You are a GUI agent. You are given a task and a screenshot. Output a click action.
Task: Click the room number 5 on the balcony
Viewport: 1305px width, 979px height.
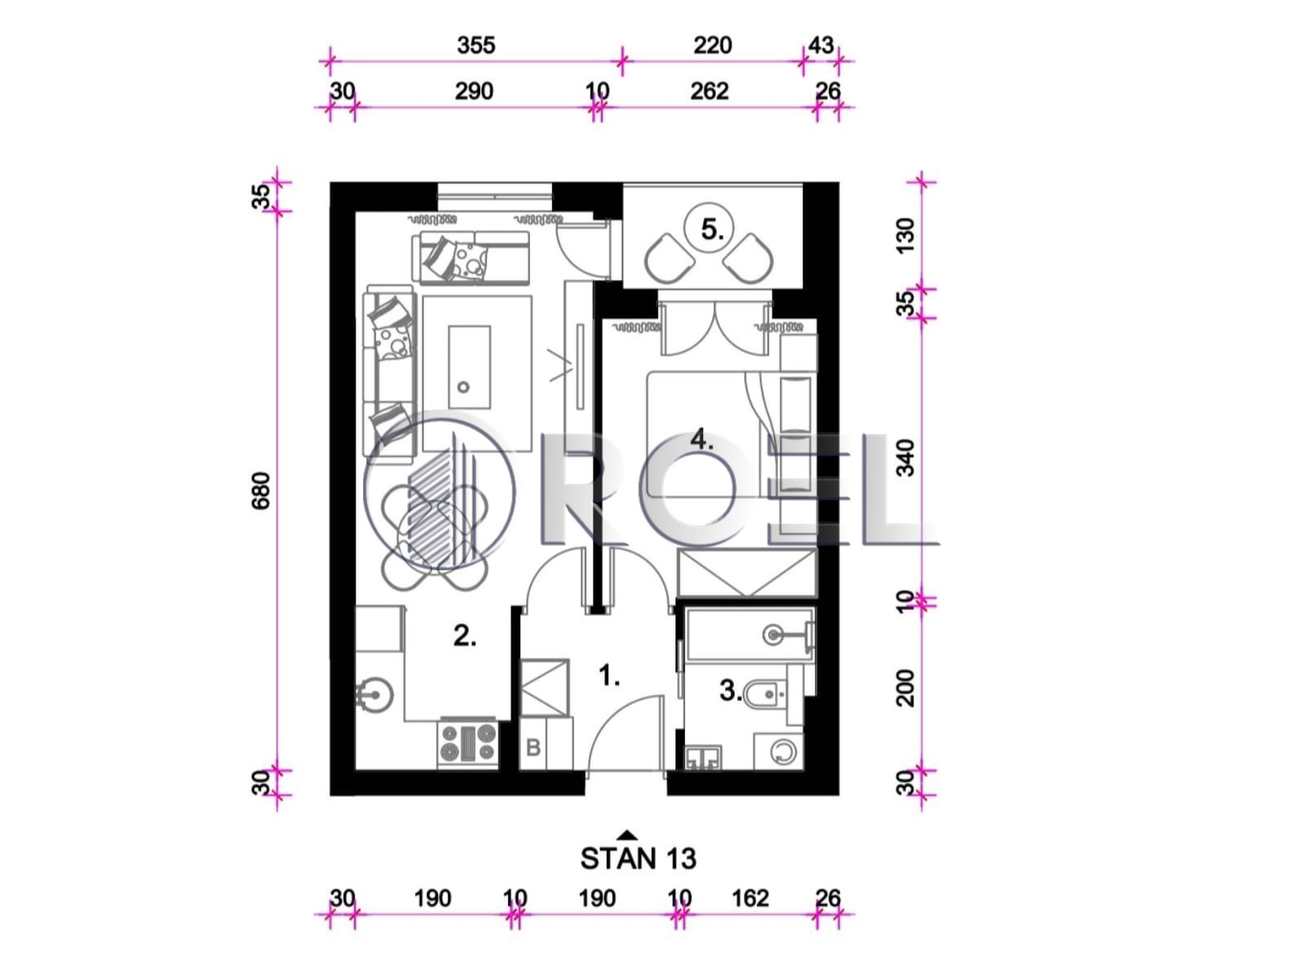[x=711, y=229]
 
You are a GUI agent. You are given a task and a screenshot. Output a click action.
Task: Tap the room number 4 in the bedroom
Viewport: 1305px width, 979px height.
[x=701, y=440]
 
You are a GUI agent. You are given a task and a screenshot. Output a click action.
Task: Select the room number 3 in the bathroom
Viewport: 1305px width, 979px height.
[x=730, y=691]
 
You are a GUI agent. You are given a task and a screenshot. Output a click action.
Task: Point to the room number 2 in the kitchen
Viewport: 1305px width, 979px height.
[x=464, y=636]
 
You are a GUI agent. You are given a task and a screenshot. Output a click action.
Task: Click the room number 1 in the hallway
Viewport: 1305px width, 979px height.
[x=608, y=676]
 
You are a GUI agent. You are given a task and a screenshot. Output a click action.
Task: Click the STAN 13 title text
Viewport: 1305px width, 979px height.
[x=638, y=859]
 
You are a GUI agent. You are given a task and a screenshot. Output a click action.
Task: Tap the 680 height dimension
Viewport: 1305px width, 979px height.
[x=261, y=491]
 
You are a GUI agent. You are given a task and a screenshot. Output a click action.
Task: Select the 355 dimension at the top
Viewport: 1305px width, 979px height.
[x=476, y=45]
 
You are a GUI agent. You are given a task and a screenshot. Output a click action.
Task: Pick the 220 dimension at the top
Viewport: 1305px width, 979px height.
[x=712, y=45]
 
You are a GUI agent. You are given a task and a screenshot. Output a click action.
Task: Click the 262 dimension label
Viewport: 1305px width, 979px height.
[x=710, y=91]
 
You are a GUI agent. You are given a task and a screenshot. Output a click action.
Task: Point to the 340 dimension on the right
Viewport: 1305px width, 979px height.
[x=905, y=458]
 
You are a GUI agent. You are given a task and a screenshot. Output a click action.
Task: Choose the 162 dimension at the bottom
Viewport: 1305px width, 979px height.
[x=750, y=898]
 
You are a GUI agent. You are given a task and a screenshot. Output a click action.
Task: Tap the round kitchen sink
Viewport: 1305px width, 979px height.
[x=374, y=694]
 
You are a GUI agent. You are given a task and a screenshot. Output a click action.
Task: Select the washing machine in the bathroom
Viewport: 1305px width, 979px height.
[x=778, y=751]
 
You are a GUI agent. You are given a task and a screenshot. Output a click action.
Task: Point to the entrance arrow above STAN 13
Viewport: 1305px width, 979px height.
[x=628, y=835]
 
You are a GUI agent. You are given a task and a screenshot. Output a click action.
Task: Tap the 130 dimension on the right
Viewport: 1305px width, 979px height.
[x=905, y=236]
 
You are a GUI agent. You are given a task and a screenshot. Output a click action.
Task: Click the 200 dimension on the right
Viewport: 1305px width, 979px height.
[x=905, y=688]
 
